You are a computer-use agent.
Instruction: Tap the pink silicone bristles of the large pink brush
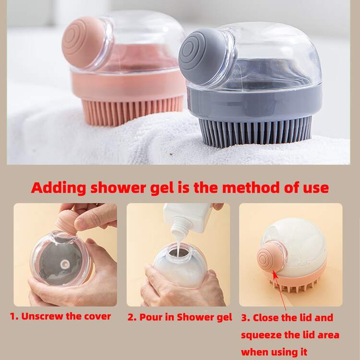point(132,111)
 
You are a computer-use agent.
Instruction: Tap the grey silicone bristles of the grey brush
point(255,132)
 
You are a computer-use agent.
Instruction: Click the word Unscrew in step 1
point(42,316)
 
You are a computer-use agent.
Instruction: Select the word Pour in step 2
point(151,317)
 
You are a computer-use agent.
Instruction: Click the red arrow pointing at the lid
point(280,290)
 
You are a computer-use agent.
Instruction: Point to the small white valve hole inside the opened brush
point(64,264)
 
